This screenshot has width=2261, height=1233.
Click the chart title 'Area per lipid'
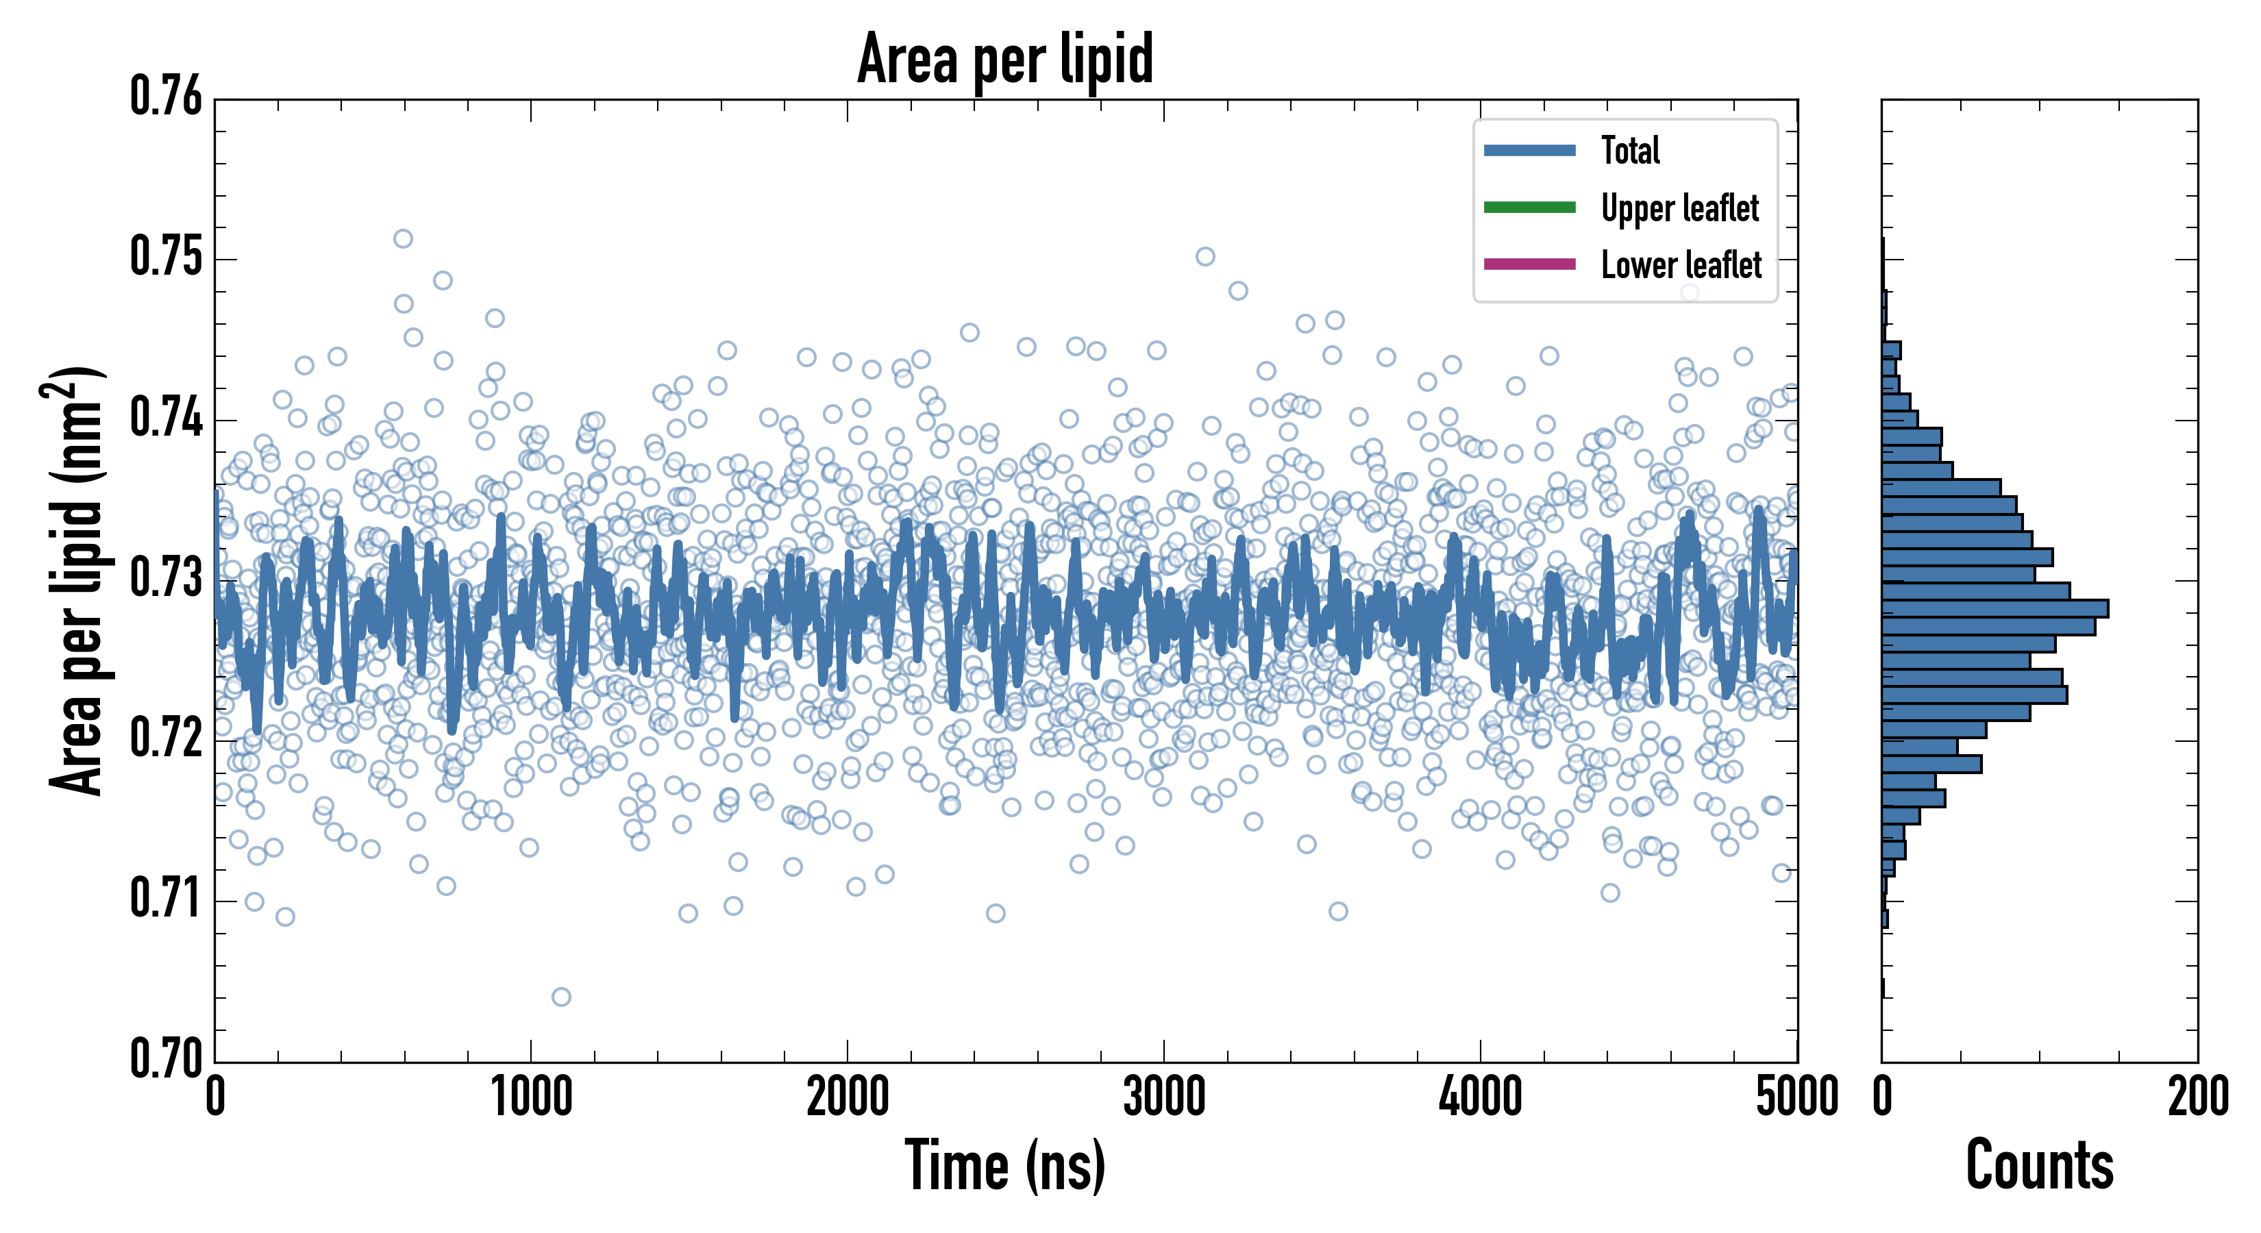[x=1005, y=59]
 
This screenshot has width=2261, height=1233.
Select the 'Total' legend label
[x=1630, y=150]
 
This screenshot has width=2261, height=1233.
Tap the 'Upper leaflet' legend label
[x=1680, y=208]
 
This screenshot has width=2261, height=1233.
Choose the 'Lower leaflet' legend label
[x=1681, y=264]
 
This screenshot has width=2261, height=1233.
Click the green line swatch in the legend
[x=1529, y=207]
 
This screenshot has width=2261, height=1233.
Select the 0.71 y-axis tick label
[x=166, y=899]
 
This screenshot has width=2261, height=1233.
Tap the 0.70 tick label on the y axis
[x=166, y=1058]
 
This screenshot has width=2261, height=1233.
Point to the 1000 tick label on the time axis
[x=531, y=1097]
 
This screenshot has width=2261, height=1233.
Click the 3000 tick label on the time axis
[x=1164, y=1097]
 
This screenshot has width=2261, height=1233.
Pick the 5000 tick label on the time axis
[x=1796, y=1097]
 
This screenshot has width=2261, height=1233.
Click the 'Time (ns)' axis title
[x=1005, y=1165]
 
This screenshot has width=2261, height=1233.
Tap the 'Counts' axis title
[x=2040, y=1165]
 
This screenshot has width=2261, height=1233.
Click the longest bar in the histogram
[x=1994, y=608]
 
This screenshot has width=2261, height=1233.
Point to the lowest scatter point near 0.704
[x=561, y=997]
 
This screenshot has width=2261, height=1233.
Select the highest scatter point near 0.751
[x=403, y=238]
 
